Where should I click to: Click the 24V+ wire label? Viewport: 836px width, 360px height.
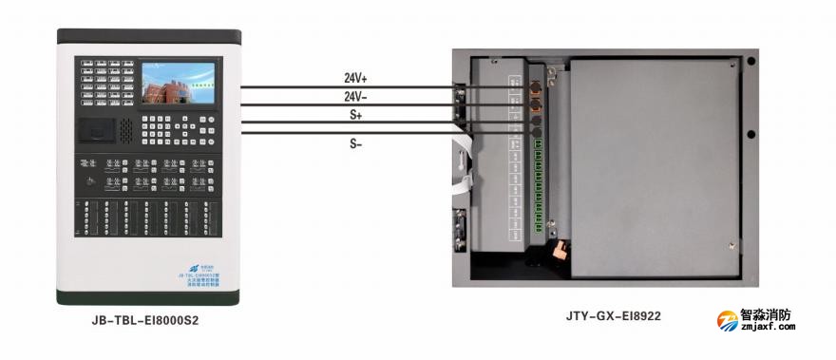pos(355,78)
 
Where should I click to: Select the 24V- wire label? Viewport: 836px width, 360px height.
pos(355,96)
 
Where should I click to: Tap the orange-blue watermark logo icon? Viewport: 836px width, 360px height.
pos(727,320)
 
